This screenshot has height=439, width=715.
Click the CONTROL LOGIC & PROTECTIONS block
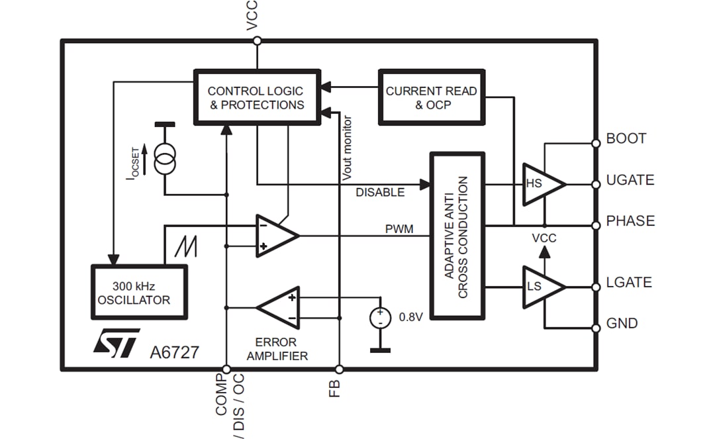point(256,97)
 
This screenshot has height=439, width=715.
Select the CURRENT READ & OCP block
point(431,97)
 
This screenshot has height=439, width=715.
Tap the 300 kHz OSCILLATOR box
point(139,292)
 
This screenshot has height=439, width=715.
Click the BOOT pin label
point(626,139)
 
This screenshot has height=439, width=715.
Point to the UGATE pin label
point(630,180)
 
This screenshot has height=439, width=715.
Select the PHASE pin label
point(630,221)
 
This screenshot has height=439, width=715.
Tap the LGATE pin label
point(629,283)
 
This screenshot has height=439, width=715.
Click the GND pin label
point(622,324)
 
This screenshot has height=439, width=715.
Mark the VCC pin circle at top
point(258,41)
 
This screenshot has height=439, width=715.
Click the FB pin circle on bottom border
point(339,369)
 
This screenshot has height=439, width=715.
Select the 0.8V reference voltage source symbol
point(380,317)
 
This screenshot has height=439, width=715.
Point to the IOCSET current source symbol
point(164,159)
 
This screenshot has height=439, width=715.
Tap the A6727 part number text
point(173,352)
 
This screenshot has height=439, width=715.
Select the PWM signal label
point(399,229)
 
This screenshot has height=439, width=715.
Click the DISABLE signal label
point(380,193)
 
